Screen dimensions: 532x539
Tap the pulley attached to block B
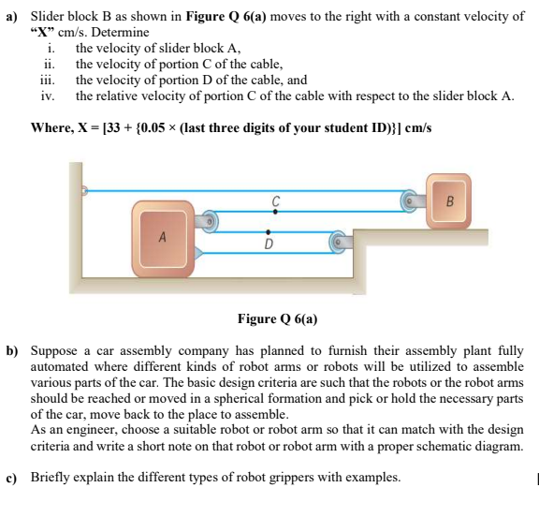click(410, 199)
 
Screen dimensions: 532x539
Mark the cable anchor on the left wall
click(84, 190)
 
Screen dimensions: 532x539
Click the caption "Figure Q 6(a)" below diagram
click(278, 318)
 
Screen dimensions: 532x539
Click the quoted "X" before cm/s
click(43, 31)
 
